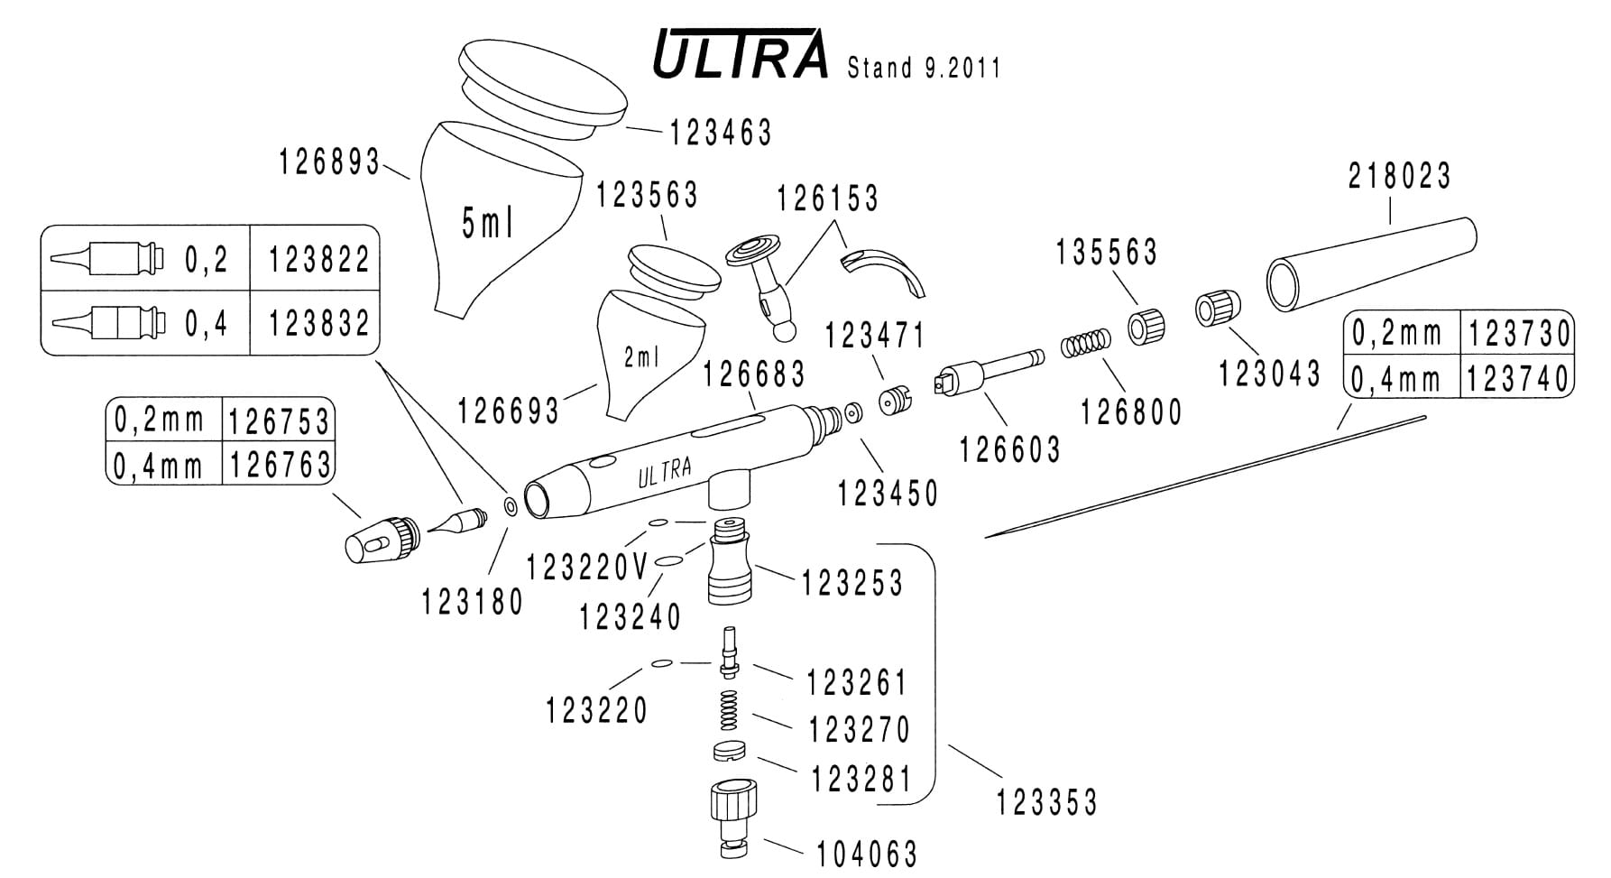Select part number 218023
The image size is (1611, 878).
click(1399, 176)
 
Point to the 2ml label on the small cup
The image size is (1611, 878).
click(642, 358)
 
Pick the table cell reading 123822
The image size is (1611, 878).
click(319, 260)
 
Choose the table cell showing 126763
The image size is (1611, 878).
click(280, 465)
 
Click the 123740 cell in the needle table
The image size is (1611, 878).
click(1518, 379)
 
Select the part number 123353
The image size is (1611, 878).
click(1046, 801)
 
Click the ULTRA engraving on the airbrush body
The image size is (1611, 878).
click(665, 471)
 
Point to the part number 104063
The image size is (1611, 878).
click(866, 853)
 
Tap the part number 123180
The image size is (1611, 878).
click(473, 602)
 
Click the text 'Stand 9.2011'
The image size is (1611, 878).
click(924, 69)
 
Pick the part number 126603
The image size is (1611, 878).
click(1009, 448)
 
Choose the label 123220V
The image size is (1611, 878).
click(587, 568)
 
